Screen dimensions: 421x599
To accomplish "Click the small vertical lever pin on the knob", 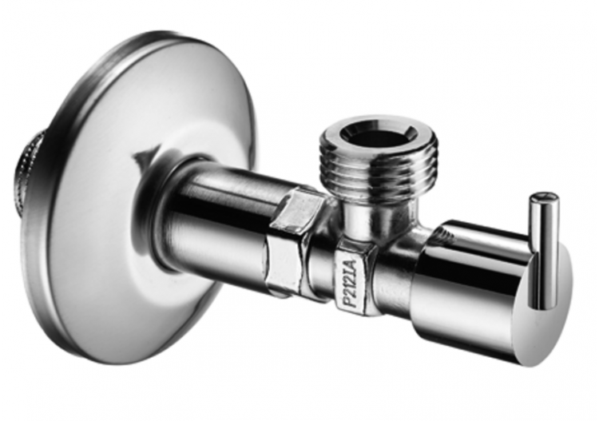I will [544, 248].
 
